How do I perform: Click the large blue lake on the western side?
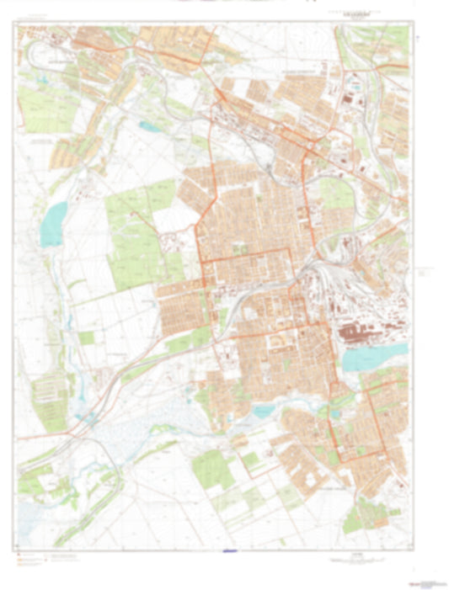tap(52, 224)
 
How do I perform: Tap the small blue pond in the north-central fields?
tap(152, 128)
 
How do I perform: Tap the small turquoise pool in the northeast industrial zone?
tap(355, 87)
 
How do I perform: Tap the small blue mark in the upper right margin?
tap(416, 38)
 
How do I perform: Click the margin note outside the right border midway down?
tap(425, 274)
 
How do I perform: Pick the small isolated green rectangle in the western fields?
tap(87, 338)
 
